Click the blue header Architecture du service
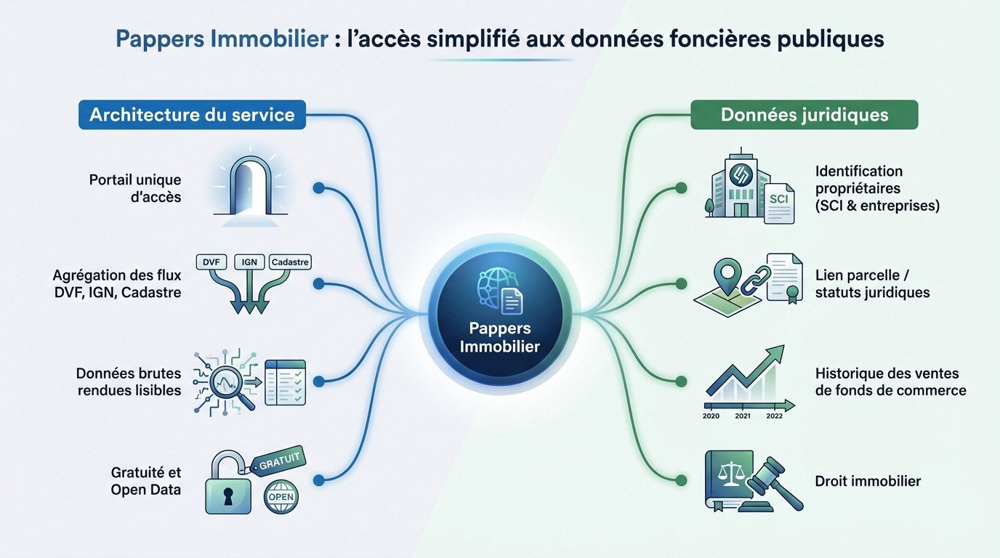pyautogui.click(x=192, y=115)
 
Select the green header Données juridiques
pyautogui.click(x=804, y=115)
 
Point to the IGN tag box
pyautogui.click(x=249, y=262)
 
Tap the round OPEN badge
pyautogui.click(x=281, y=498)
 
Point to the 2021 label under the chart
pyautogui.click(x=742, y=416)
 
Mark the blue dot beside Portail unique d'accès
pyautogui.click(x=318, y=187)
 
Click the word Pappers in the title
pyautogui.click(x=158, y=39)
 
